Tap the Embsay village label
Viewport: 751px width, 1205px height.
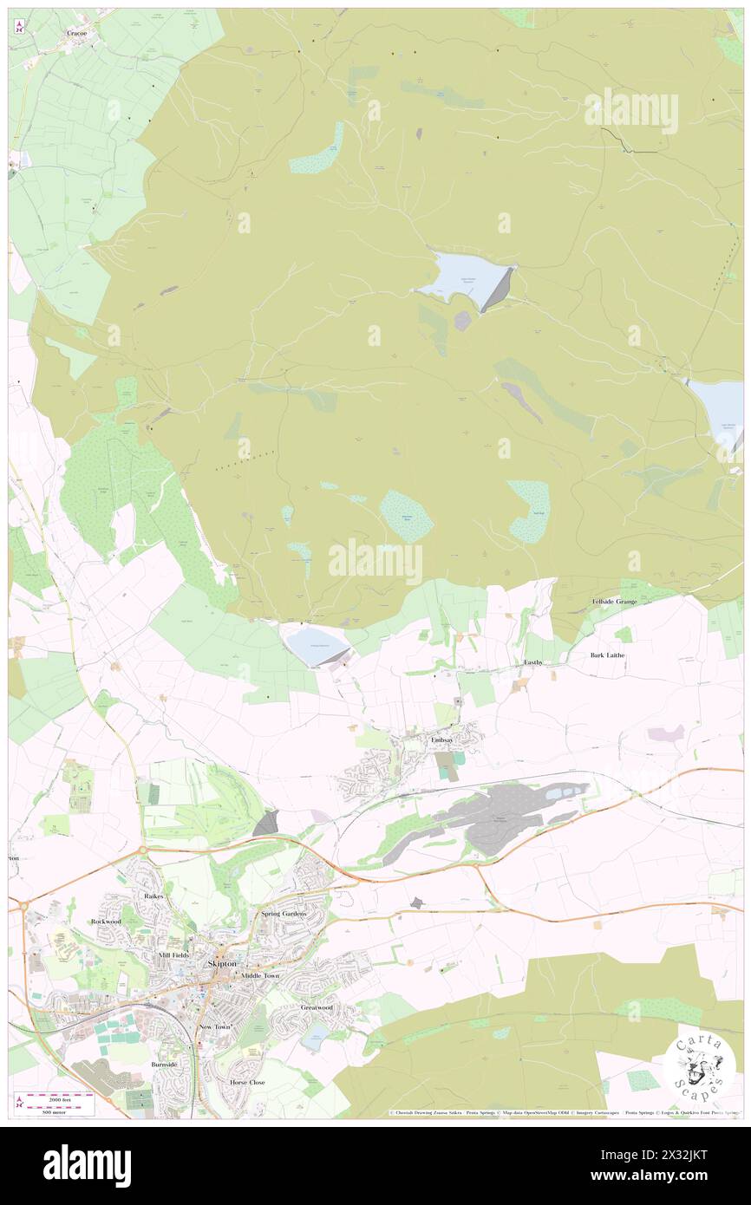pos(442,739)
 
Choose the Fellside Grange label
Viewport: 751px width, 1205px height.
pos(614,601)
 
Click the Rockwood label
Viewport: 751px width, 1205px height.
pos(106,922)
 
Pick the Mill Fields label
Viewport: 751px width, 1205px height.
pos(173,954)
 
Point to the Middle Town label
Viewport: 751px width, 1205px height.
pos(261,975)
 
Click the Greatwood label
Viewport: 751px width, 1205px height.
pos(317,1007)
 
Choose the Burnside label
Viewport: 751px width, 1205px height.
pos(163,1064)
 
